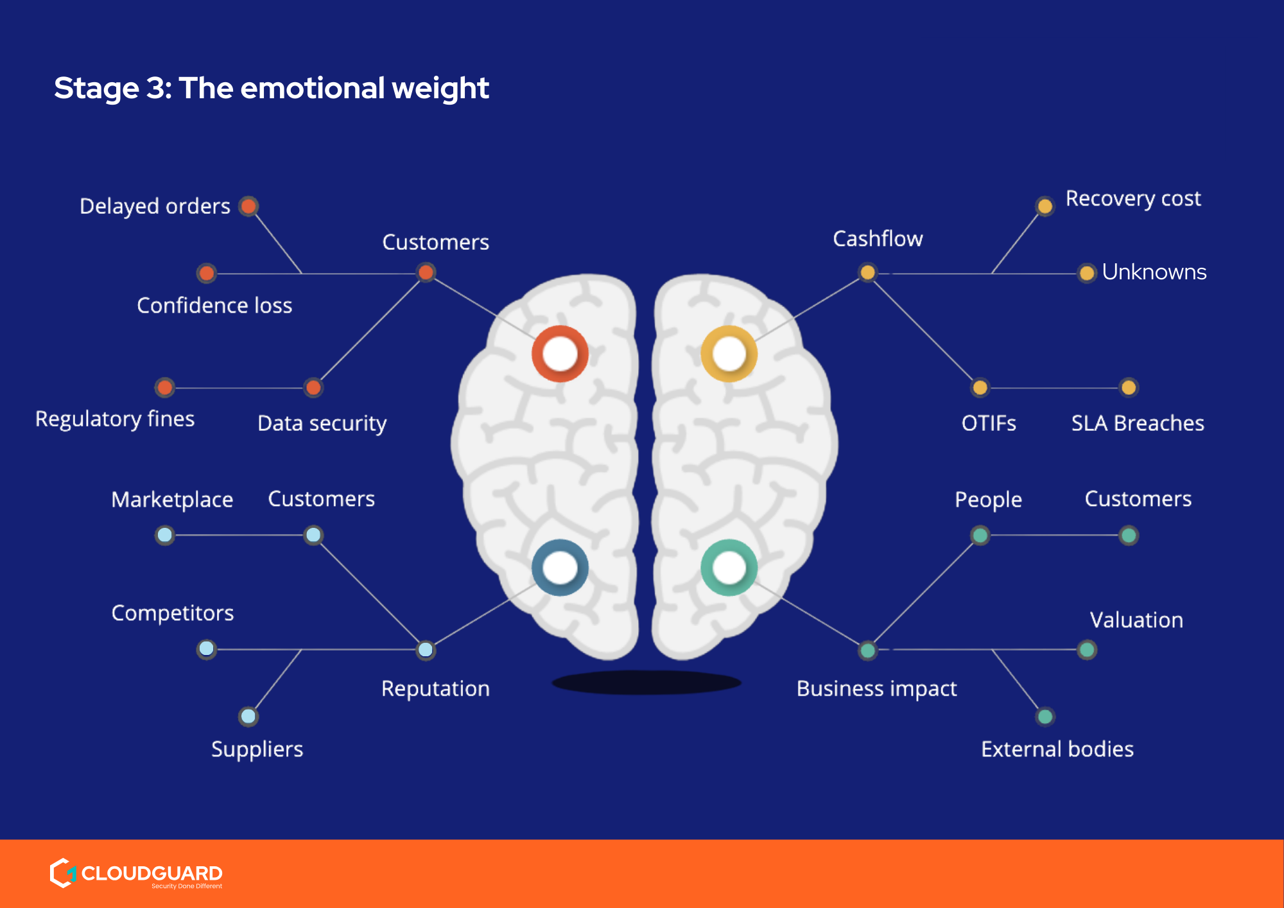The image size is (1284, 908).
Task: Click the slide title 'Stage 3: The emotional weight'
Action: pos(271,88)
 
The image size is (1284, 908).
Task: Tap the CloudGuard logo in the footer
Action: pos(136,873)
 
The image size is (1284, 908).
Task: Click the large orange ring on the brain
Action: pos(560,354)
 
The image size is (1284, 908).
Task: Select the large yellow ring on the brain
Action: pos(729,354)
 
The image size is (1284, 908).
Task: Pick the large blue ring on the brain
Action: pos(560,568)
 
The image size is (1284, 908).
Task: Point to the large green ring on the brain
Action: pos(729,568)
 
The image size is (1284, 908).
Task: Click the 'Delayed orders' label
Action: pos(155,206)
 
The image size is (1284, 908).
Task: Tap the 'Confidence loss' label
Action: pos(214,305)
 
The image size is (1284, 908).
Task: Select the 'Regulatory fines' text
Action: pos(115,419)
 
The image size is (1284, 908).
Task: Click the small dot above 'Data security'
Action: pos(313,388)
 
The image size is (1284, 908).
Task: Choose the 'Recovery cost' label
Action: pos(1133,199)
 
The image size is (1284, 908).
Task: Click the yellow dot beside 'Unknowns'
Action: pos(1087,274)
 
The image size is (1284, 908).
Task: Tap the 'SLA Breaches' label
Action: pos(1138,423)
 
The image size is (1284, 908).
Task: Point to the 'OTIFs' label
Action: pos(989,423)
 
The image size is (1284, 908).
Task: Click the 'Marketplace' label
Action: pos(172,500)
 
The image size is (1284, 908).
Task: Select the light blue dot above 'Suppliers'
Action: pos(248,716)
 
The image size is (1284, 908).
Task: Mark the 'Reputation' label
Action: pos(435,688)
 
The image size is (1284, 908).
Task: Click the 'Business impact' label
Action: pos(876,688)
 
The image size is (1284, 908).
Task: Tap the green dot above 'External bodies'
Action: pos(1045,716)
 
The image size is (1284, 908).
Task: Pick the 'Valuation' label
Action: pos(1136,620)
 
